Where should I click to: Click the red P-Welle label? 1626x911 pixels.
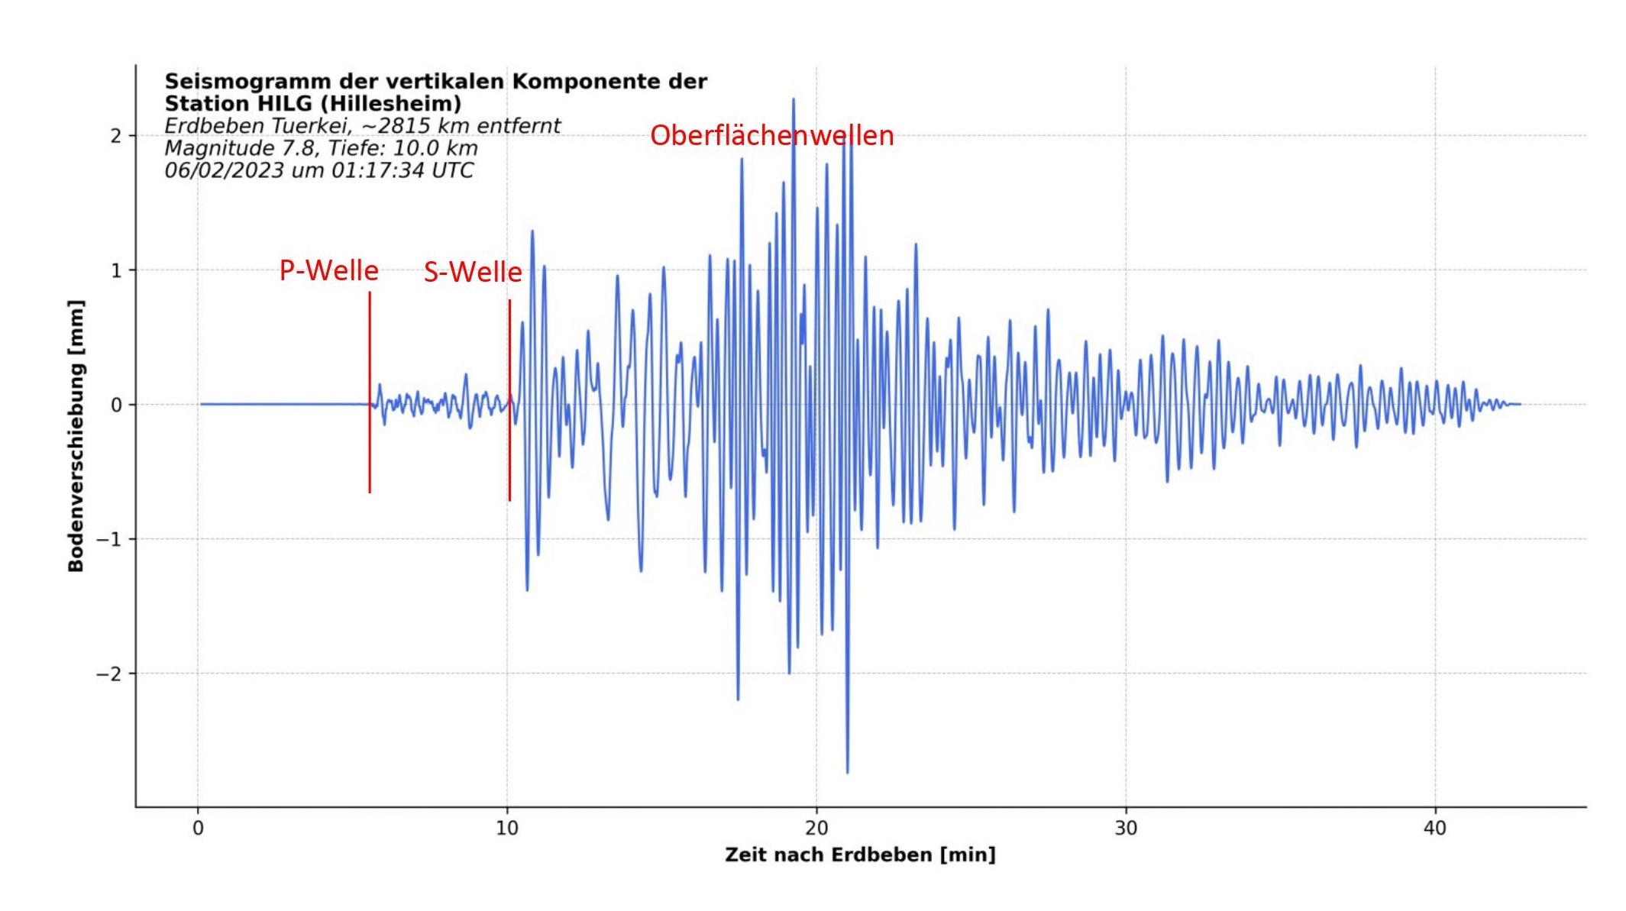[x=328, y=271]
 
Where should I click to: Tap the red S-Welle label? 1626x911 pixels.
[x=473, y=273]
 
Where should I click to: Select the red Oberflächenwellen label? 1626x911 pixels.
[x=771, y=136]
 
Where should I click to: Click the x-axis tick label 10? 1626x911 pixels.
[x=507, y=829]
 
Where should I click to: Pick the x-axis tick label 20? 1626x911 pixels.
[x=816, y=829]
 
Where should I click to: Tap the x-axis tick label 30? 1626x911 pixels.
[x=1126, y=829]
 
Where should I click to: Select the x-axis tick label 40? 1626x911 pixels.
[x=1435, y=829]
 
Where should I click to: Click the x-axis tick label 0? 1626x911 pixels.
[x=198, y=829]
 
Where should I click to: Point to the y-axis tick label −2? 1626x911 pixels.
[x=108, y=674]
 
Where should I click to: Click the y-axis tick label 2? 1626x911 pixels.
[x=115, y=136]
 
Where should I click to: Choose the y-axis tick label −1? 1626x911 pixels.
[x=108, y=539]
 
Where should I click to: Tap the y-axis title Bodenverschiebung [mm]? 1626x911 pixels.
[x=76, y=435]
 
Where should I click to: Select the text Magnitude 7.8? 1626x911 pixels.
[x=241, y=148]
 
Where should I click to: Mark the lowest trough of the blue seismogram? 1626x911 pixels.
[x=847, y=771]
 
